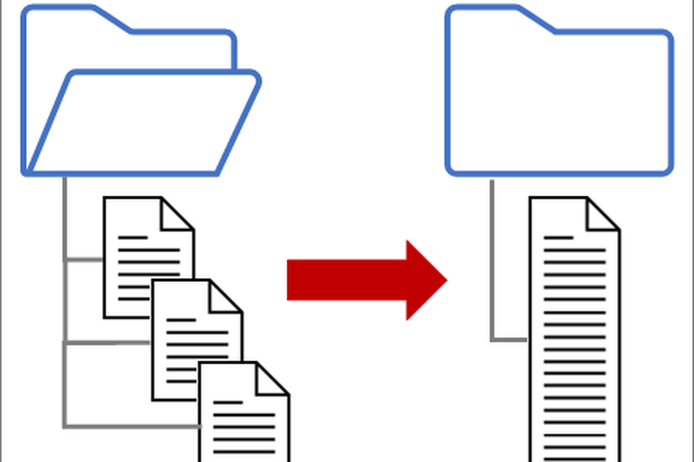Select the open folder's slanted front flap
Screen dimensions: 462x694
point(143,125)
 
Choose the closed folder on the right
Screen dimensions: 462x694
point(560,102)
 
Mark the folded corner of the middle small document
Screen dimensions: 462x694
point(227,296)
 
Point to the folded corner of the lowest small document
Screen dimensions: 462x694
point(274,377)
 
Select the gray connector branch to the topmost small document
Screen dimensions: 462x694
point(83,260)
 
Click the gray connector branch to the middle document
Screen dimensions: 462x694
point(106,343)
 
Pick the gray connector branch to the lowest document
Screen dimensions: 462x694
point(130,427)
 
